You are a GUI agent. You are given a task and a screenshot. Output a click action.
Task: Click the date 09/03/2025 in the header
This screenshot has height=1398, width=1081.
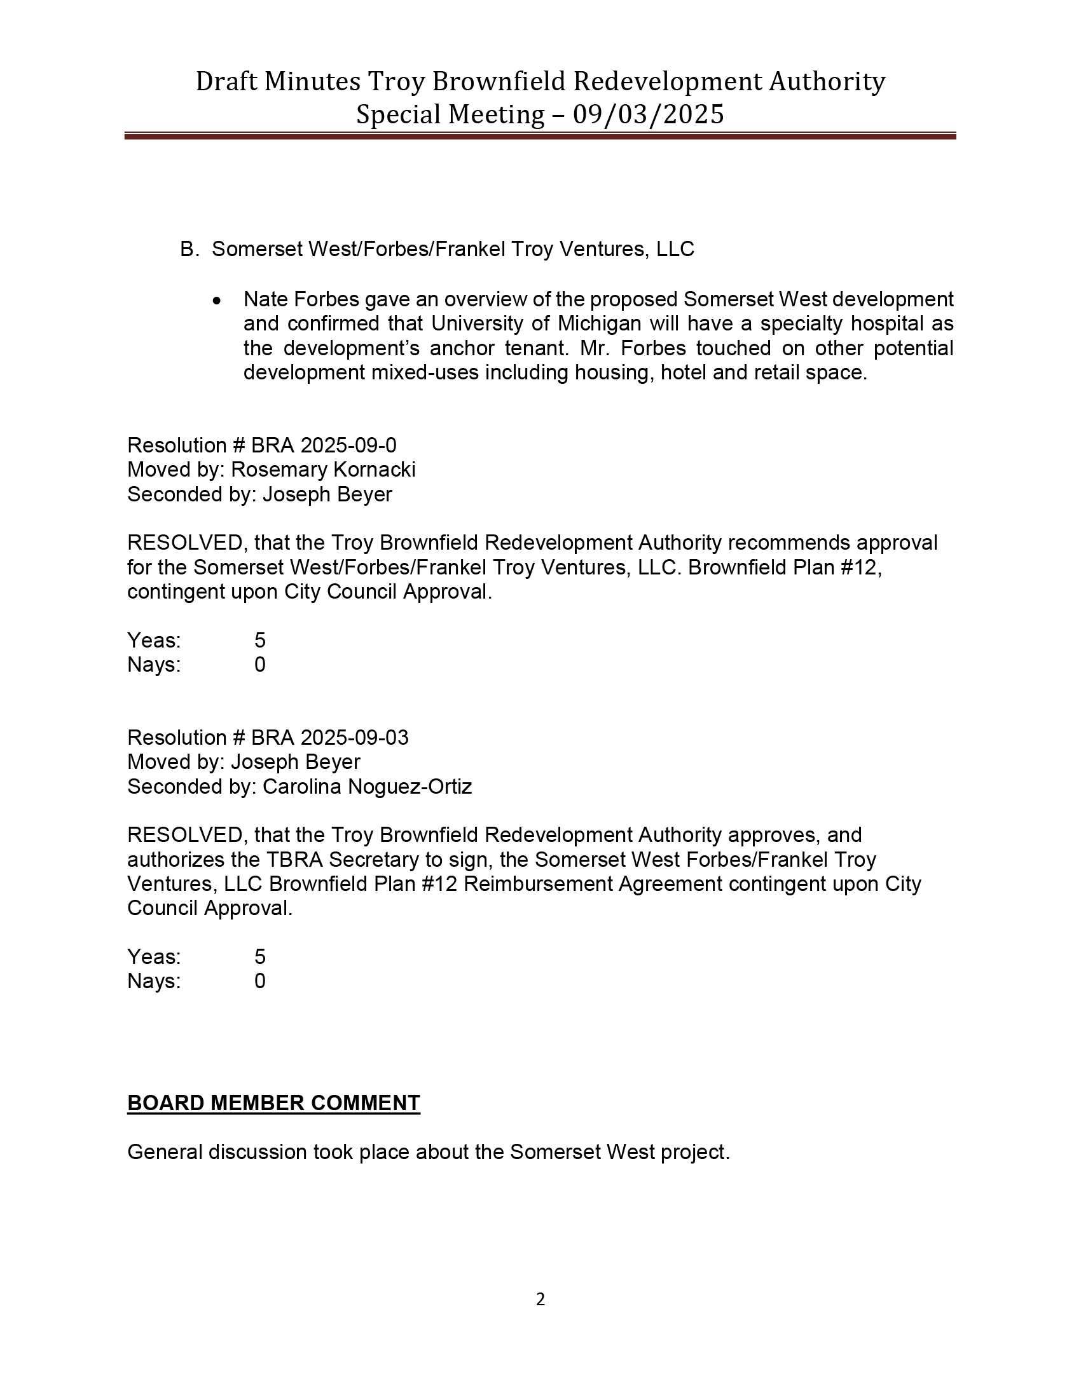tap(648, 114)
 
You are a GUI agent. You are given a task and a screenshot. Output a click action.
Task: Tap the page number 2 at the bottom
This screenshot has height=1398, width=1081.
tap(540, 1299)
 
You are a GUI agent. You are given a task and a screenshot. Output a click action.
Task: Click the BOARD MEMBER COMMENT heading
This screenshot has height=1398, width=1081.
tap(273, 1103)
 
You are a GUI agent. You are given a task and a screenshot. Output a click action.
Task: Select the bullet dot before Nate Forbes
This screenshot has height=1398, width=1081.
tap(217, 300)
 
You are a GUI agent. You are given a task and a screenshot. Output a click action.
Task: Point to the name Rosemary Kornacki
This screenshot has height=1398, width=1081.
tap(323, 469)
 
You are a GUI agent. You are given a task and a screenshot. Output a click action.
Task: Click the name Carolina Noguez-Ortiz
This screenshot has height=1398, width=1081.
tap(367, 786)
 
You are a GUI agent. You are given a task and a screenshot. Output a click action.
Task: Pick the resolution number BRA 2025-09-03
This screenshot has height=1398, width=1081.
tap(329, 737)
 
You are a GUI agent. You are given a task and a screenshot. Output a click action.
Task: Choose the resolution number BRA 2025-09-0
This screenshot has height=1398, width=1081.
tap(324, 445)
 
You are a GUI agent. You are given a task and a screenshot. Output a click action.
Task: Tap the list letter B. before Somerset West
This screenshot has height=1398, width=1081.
tap(189, 249)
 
